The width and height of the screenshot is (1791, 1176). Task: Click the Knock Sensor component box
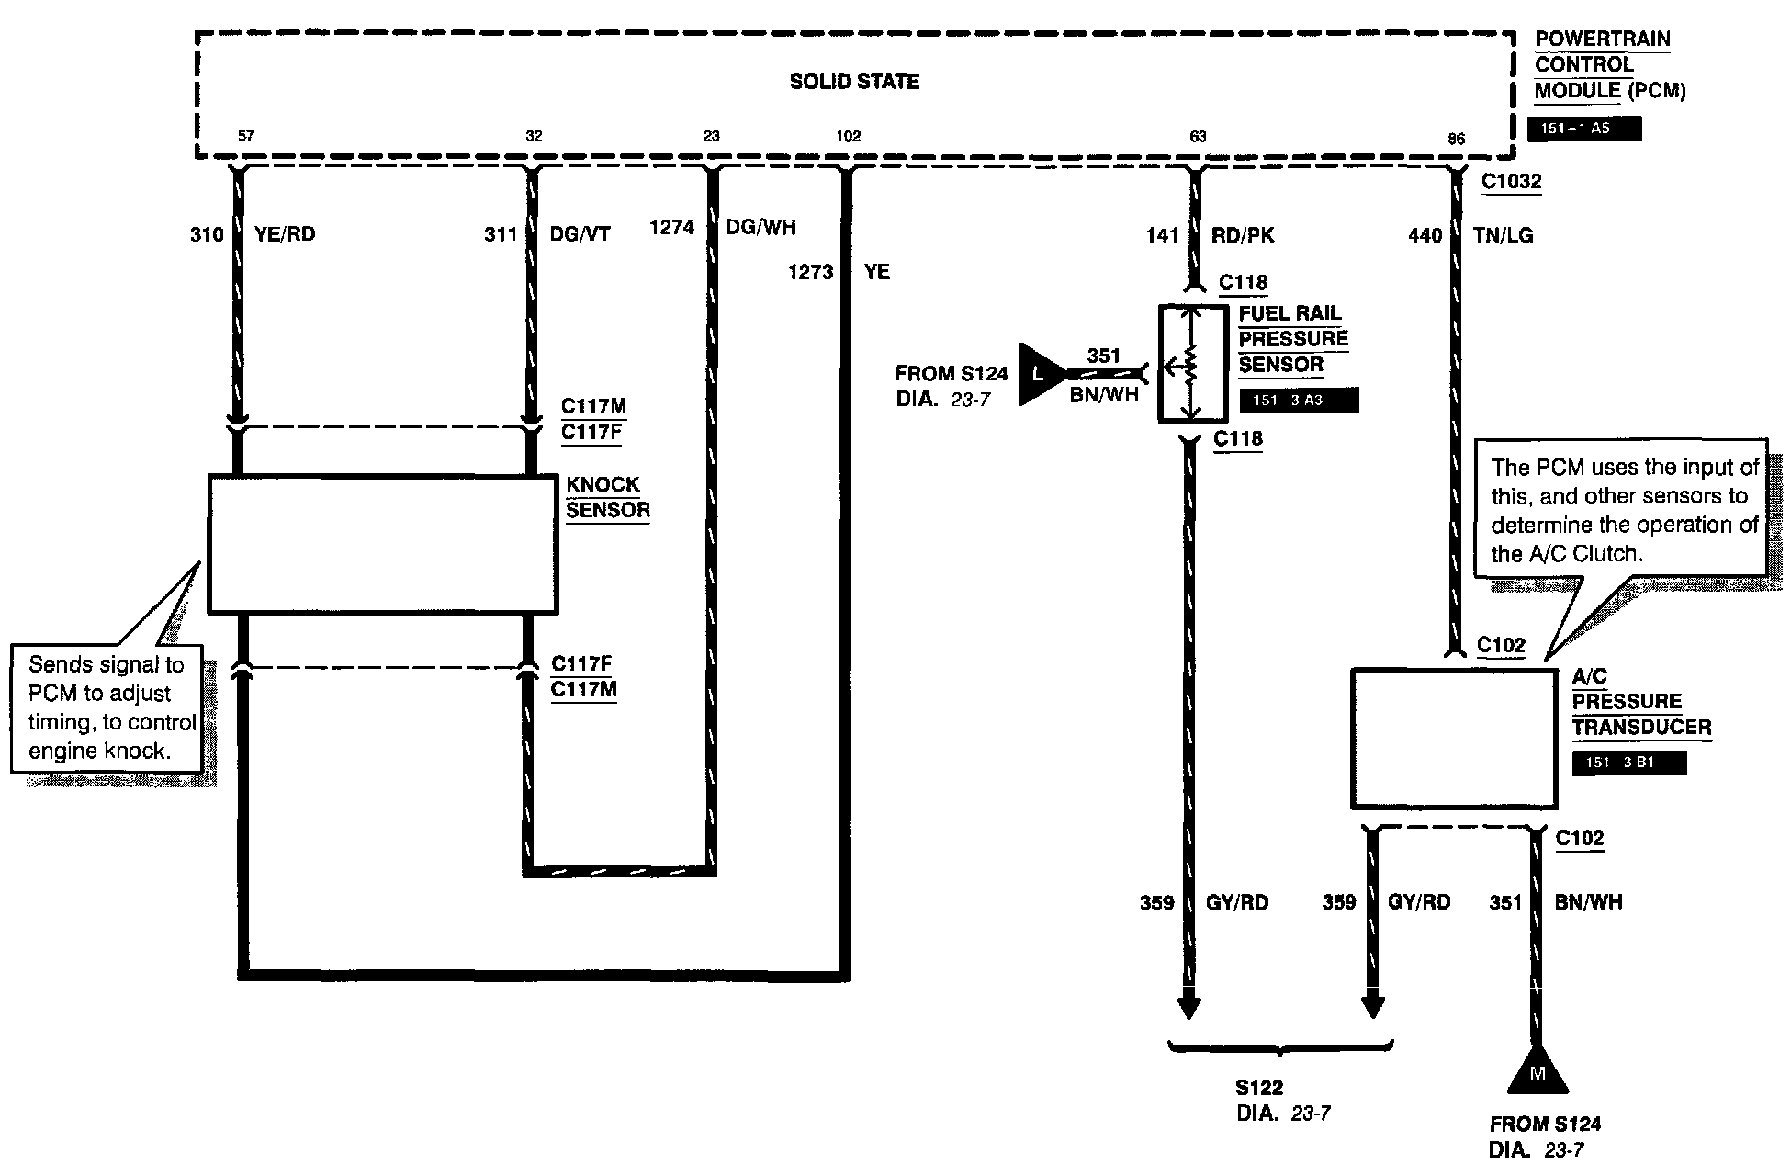click(382, 543)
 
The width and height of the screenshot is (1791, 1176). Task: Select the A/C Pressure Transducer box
click(1453, 739)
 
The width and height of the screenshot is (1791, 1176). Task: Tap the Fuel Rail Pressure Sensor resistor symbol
click(1191, 365)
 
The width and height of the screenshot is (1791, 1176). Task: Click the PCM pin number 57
click(246, 136)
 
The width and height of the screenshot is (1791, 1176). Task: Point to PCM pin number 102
click(848, 136)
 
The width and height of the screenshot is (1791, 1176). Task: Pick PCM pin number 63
click(1198, 136)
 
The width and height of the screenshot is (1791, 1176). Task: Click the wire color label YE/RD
click(286, 234)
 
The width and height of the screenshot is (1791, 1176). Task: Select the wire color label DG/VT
click(580, 234)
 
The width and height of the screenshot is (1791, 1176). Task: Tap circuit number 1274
click(671, 227)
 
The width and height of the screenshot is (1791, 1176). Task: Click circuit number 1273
click(810, 272)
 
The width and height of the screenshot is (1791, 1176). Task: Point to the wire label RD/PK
click(1243, 235)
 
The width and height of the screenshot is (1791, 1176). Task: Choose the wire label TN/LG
click(1504, 235)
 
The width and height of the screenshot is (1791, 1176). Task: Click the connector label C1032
click(1512, 182)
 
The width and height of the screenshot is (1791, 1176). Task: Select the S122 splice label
click(1258, 1088)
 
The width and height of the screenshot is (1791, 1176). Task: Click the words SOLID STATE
click(854, 82)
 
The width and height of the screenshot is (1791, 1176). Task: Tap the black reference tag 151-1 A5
click(1583, 129)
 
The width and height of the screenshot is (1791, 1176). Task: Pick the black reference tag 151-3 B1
click(1628, 763)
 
